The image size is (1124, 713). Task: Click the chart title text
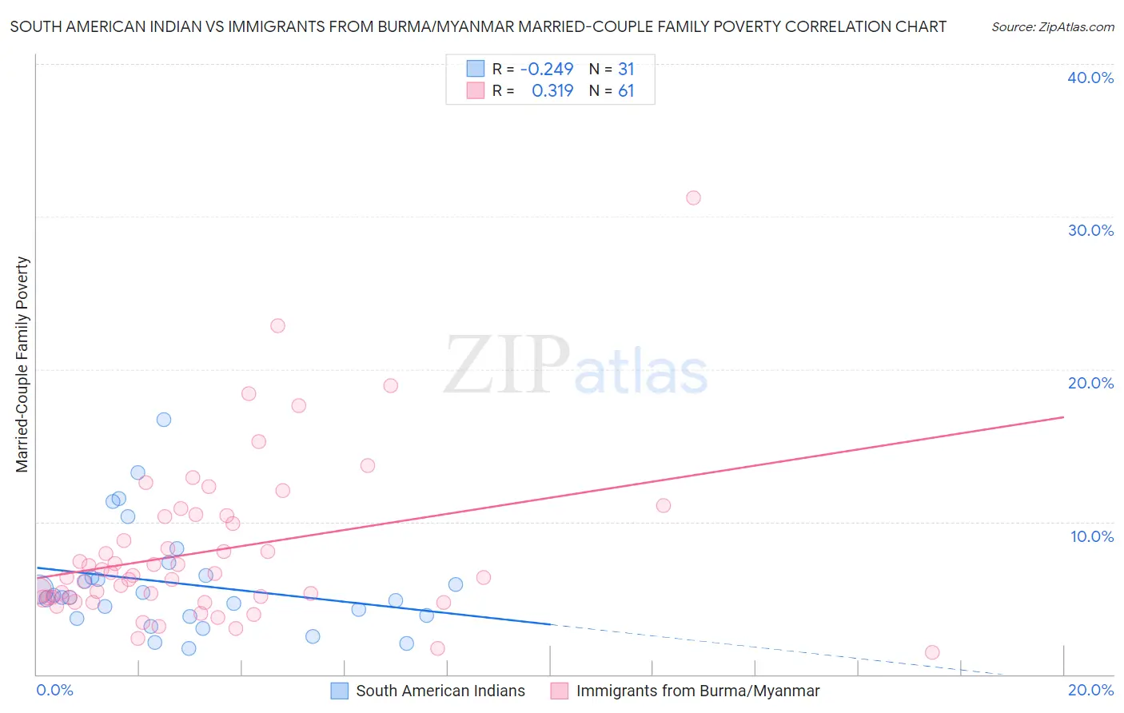pyautogui.click(x=478, y=26)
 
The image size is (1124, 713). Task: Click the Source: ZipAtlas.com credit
pyautogui.click(x=1052, y=26)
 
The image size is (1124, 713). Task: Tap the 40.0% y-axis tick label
pyautogui.click(x=1090, y=78)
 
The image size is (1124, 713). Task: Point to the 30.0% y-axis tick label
pyautogui.click(x=1090, y=230)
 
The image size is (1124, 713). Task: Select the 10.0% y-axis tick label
pyautogui.click(x=1092, y=536)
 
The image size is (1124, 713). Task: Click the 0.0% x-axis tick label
pyautogui.click(x=54, y=690)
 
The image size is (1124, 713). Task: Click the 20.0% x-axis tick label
pyautogui.click(x=1090, y=690)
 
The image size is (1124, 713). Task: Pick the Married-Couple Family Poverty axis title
pyautogui.click(x=22, y=364)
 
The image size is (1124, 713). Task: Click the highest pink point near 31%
pyautogui.click(x=693, y=197)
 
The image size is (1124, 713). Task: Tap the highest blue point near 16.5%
pyautogui.click(x=164, y=420)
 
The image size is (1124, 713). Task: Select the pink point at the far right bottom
pyautogui.click(x=932, y=652)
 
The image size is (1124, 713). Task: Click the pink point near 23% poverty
pyautogui.click(x=277, y=325)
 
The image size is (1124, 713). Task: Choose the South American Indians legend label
pyautogui.click(x=440, y=691)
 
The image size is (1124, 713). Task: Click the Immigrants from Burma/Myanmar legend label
pyautogui.click(x=698, y=691)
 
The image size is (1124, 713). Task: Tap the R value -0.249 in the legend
pyautogui.click(x=547, y=70)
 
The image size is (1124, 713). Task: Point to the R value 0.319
pyautogui.click(x=552, y=91)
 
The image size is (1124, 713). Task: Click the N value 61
pyautogui.click(x=626, y=91)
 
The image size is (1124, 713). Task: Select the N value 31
pyautogui.click(x=626, y=70)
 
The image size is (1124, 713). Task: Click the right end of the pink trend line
pyautogui.click(x=1063, y=417)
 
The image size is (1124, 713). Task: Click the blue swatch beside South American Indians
pyautogui.click(x=339, y=691)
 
